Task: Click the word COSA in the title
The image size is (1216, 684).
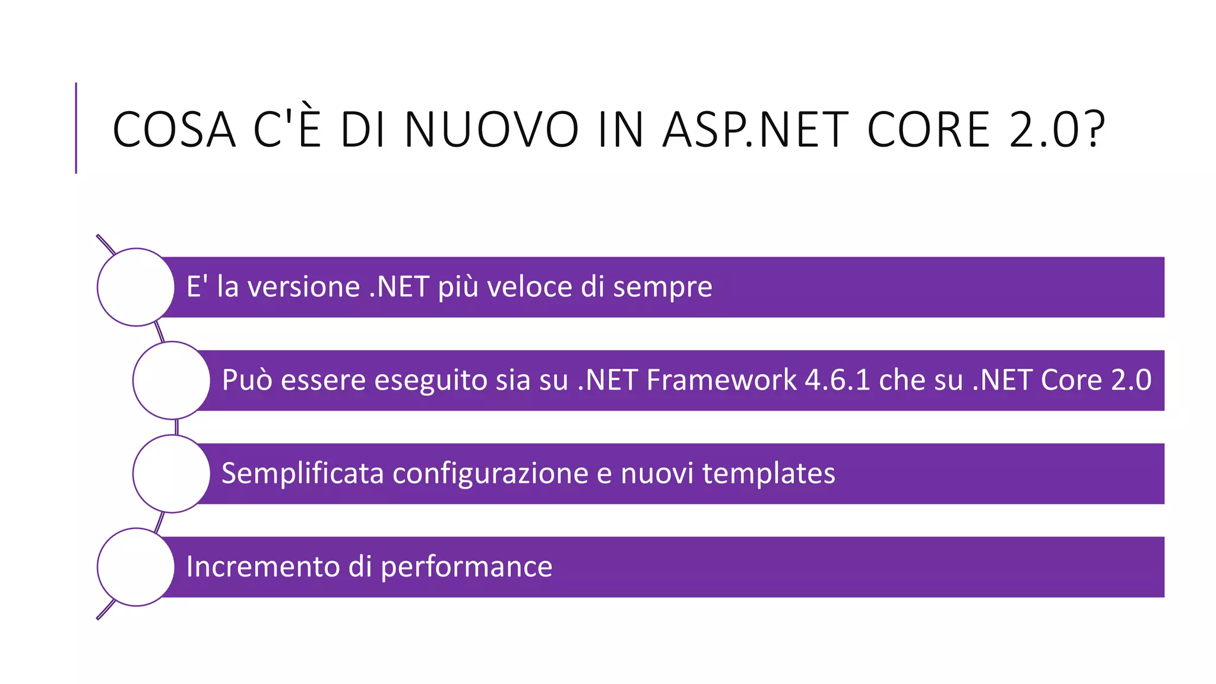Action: pos(174,129)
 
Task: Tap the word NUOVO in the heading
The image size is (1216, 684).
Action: pos(491,129)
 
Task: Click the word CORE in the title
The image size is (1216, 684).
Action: pos(928,129)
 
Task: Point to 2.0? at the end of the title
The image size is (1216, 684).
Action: pos(1057,129)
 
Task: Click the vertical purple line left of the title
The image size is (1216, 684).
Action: pos(76,128)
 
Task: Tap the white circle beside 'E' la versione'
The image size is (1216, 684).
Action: pos(136,287)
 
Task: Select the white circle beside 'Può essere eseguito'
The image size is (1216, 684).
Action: pos(172,381)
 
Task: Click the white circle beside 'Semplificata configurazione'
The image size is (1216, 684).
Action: pos(172,474)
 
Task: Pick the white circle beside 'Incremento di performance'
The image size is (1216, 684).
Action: pos(136,567)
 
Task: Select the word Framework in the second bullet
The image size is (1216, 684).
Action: pos(721,380)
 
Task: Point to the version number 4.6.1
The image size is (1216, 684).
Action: pos(837,380)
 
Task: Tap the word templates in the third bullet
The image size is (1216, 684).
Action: pos(768,474)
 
